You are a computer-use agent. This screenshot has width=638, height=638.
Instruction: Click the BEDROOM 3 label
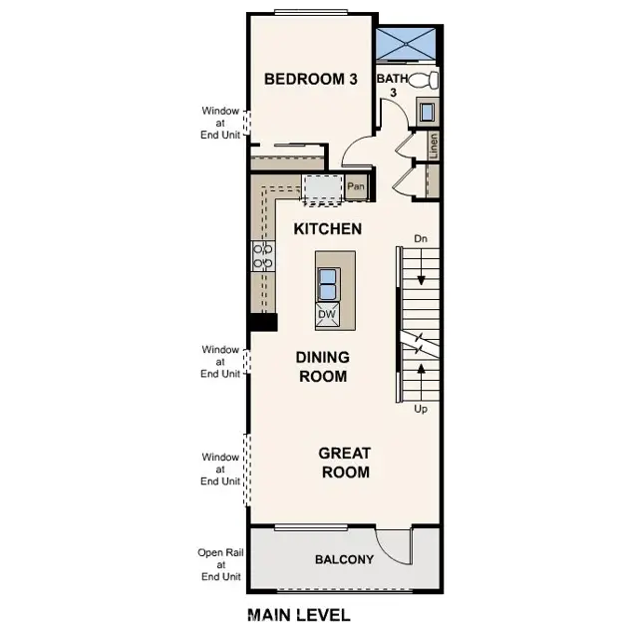click(310, 79)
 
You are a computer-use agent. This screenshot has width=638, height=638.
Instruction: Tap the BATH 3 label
click(391, 86)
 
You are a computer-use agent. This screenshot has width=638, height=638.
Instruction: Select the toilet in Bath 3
click(425, 81)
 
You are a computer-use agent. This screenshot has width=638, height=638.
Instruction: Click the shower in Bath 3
click(407, 46)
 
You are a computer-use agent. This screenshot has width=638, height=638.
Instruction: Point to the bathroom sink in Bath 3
click(427, 112)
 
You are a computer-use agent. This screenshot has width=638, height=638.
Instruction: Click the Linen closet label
click(434, 146)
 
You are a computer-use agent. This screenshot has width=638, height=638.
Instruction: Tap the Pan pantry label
click(356, 186)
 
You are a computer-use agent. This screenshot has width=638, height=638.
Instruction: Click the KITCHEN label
click(327, 229)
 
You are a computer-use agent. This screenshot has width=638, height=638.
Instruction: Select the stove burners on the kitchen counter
click(263, 256)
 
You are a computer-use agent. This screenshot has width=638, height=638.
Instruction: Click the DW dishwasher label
click(327, 315)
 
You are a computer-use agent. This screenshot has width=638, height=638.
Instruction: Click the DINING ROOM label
click(321, 367)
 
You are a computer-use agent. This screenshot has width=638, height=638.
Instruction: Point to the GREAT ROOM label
click(345, 463)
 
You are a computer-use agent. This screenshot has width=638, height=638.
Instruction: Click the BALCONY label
click(344, 559)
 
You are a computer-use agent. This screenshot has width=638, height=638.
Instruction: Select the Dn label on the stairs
click(421, 239)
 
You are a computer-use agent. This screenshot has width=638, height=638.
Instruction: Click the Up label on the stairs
click(421, 408)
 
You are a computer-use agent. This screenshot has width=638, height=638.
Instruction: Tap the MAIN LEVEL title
click(298, 614)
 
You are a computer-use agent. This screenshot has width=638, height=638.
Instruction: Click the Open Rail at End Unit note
click(220, 564)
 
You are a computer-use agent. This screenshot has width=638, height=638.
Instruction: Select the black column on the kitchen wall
click(263, 322)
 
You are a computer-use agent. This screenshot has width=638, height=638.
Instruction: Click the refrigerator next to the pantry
click(321, 186)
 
